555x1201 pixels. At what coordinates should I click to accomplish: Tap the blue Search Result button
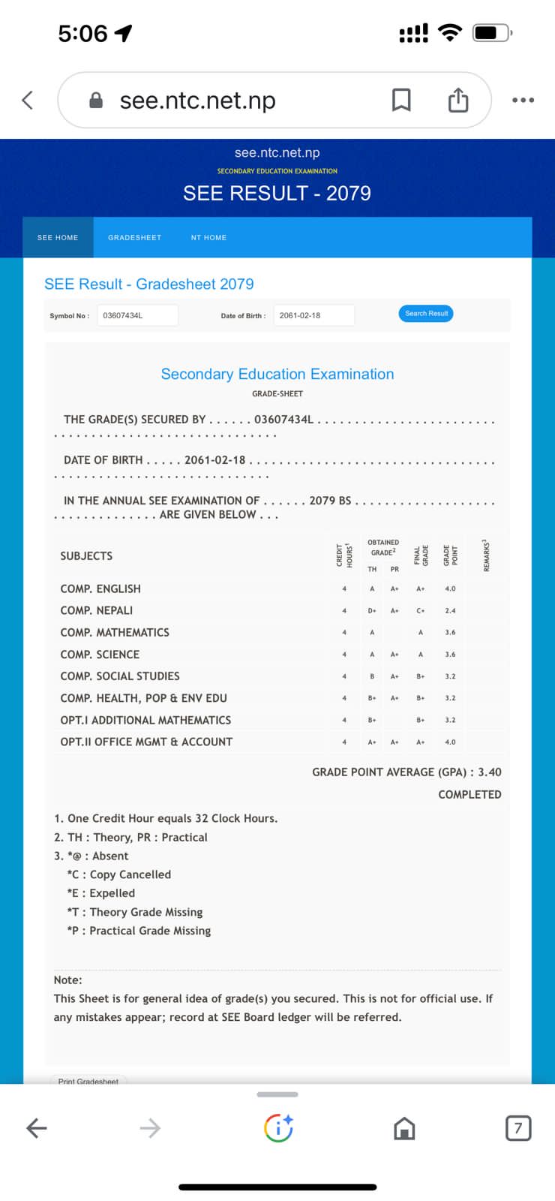pos(426,314)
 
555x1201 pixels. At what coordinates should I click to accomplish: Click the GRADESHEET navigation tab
pos(134,238)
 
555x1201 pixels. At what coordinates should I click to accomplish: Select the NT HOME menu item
pos(208,238)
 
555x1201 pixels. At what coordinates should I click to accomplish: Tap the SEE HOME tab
pos(58,238)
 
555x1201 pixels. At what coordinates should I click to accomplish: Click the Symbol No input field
pos(137,316)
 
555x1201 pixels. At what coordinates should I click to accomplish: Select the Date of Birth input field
pos(313,316)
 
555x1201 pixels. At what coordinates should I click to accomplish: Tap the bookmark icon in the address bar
pos(401,100)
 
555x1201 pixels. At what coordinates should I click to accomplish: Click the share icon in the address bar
pos(457,100)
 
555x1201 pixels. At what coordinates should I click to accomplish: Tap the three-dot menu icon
pos(523,100)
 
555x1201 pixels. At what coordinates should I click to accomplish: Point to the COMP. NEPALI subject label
pos(97,611)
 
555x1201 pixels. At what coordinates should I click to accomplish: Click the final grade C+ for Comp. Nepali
pos(421,611)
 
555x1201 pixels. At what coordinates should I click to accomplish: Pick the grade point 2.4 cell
pos(450,611)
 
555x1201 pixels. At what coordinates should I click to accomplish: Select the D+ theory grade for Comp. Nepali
pos(372,611)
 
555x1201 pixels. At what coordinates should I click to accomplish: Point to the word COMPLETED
pos(469,795)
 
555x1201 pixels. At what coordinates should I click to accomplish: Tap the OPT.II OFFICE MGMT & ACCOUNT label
pos(146,742)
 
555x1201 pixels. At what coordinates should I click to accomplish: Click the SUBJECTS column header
pos(86,556)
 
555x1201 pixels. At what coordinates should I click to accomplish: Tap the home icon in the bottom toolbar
pos(404,1128)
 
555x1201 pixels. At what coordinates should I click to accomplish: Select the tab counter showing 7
pos(517,1128)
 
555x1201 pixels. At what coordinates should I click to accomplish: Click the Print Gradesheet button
pos(88,1081)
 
